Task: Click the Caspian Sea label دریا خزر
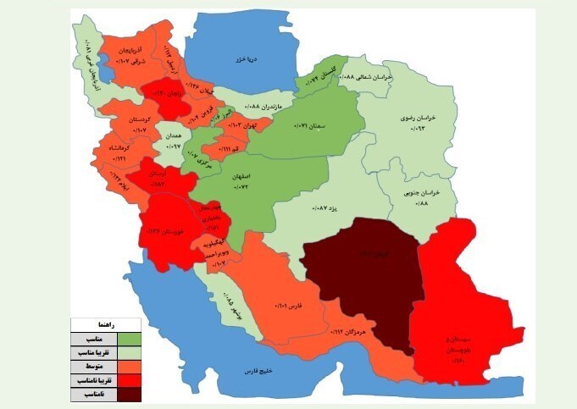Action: [x=247, y=61]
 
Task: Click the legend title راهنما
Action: [x=107, y=324]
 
